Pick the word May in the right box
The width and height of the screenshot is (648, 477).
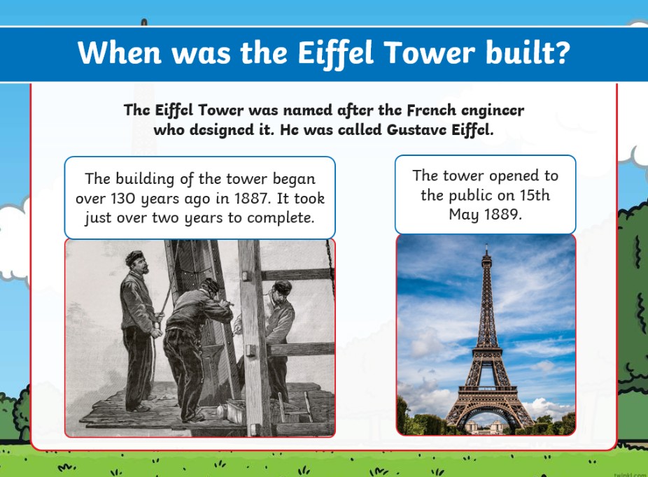[x=465, y=214]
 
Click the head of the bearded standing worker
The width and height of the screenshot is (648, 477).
[x=136, y=262]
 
